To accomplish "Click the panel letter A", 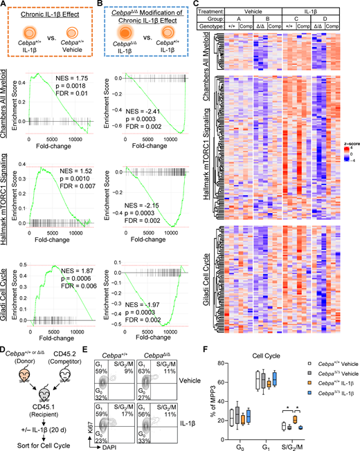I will pos(5,6).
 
